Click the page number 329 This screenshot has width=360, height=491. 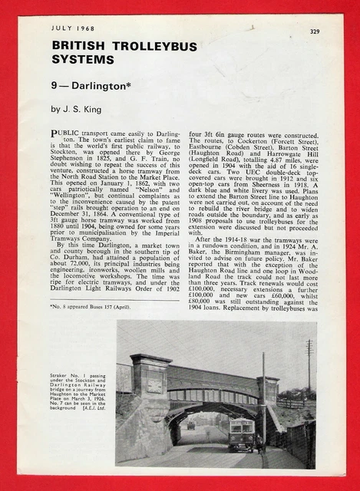[315, 31]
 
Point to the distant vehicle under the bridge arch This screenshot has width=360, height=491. [190, 424]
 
